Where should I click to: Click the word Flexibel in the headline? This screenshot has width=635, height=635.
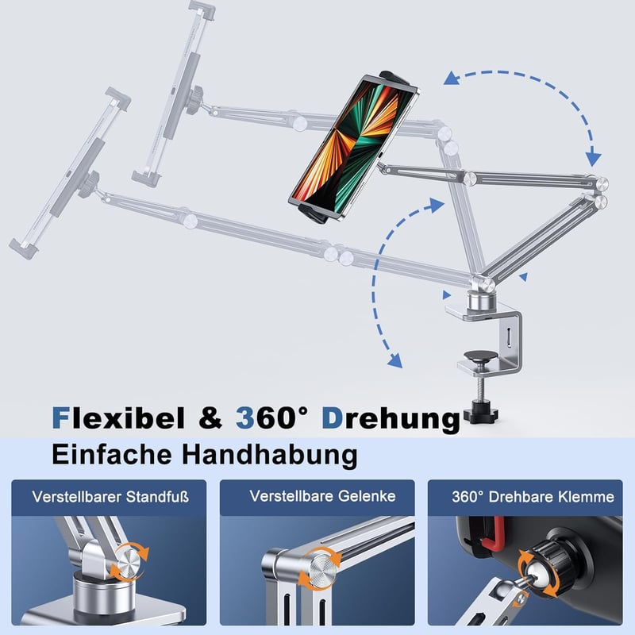point(118,418)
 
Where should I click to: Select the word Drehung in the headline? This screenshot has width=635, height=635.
point(391,420)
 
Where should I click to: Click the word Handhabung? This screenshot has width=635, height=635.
point(269,455)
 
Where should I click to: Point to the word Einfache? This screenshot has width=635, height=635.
point(112,454)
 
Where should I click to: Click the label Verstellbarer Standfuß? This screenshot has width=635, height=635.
point(110,497)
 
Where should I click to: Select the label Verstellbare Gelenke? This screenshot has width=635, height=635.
point(322,496)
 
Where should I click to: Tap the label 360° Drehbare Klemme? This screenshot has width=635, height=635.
point(533,497)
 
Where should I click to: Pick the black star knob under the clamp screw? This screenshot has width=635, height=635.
point(482,414)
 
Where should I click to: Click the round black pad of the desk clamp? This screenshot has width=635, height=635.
point(481,356)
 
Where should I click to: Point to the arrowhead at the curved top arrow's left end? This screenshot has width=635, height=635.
point(452,78)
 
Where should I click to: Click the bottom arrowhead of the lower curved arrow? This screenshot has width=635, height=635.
point(394,360)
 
